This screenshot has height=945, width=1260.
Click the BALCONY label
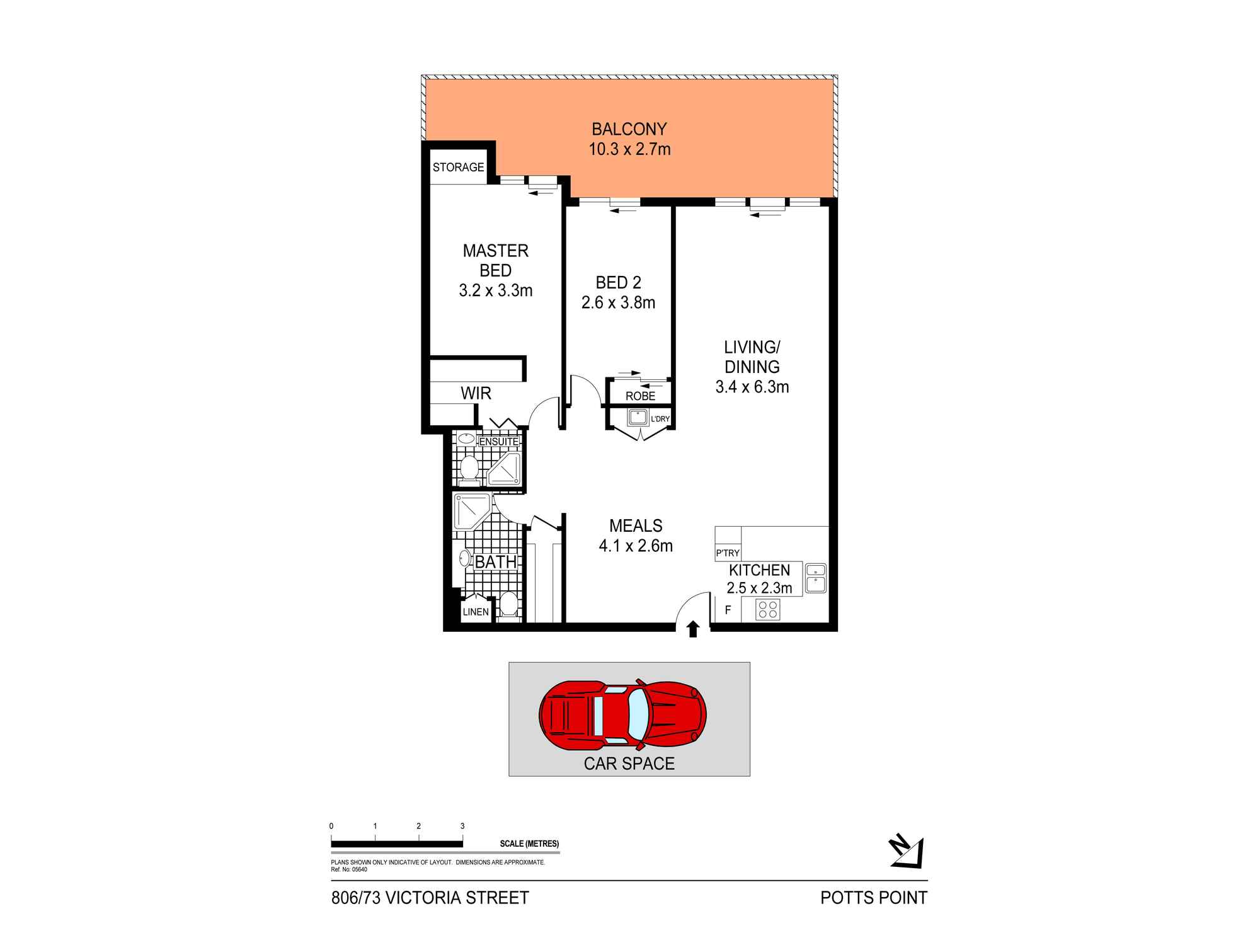629,129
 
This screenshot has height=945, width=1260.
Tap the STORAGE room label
458,167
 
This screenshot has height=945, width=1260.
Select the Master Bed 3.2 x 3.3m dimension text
496,290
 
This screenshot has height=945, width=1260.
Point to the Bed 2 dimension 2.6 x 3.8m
618,302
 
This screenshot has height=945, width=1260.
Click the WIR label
476,393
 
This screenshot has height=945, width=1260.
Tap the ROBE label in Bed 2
640,396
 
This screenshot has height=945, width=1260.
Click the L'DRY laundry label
660,419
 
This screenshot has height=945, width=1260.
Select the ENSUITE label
498,442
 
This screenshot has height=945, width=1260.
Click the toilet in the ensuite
468,469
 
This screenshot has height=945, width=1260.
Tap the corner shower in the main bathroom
469,510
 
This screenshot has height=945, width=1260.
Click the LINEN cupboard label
476,612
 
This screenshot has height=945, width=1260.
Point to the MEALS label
636,525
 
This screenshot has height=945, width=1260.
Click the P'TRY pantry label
728,553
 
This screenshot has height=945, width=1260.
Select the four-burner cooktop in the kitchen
767,609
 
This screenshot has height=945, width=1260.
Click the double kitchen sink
815,578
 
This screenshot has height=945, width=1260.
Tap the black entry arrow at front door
693,628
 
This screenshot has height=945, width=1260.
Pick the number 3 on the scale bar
462,826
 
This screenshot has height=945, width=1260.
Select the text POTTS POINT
873,897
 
